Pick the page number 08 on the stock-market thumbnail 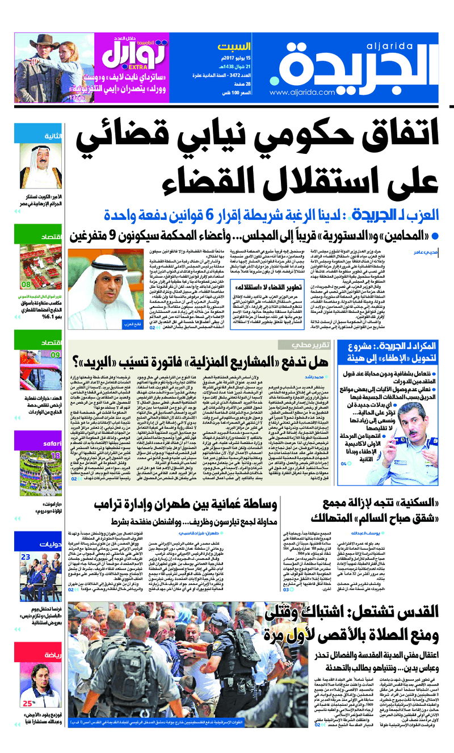coord(26,284)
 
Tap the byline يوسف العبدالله coord(417,533)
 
